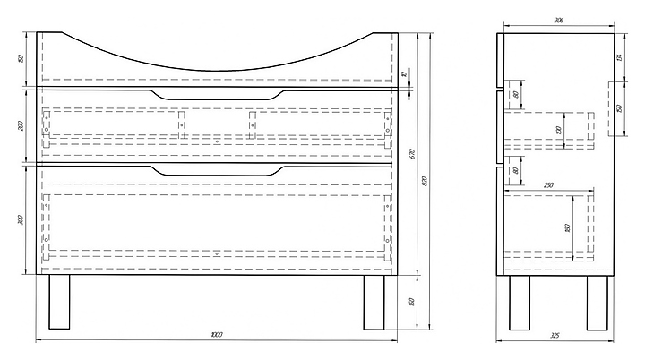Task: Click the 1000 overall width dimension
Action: click(216, 335)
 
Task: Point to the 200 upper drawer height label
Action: click(20, 124)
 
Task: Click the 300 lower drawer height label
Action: click(20, 219)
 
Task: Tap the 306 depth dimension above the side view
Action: click(558, 20)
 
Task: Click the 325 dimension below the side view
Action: click(555, 336)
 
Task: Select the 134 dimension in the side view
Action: click(618, 58)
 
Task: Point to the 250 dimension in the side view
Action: click(546, 184)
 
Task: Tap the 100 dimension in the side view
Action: click(558, 130)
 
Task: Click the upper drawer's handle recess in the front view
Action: click(216, 93)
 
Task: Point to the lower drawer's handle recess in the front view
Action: click(216, 169)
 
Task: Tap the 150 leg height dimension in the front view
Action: click(411, 301)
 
